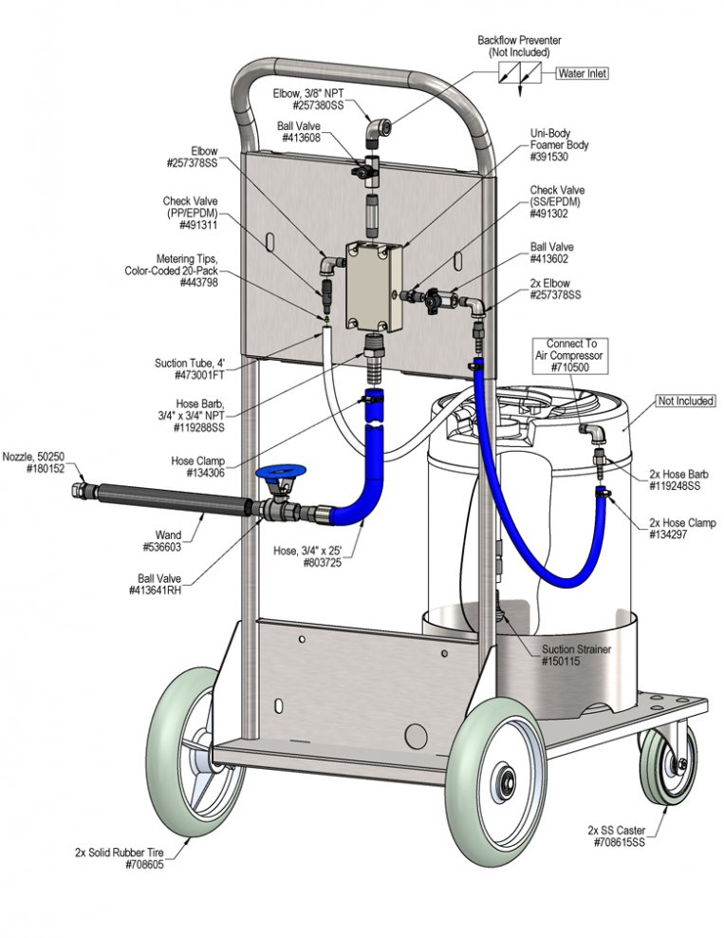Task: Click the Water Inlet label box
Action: pyautogui.click(x=583, y=74)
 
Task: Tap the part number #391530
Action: pyautogui.click(x=548, y=157)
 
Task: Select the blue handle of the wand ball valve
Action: pyautogui.click(x=280, y=472)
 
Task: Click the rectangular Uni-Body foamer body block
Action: pyautogui.click(x=374, y=286)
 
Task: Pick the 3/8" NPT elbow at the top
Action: pyautogui.click(x=378, y=131)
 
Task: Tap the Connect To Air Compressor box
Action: pyautogui.click(x=571, y=355)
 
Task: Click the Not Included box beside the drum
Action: pyautogui.click(x=685, y=401)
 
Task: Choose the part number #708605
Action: pyautogui.click(x=144, y=864)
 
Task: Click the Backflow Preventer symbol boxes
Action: pyautogui.click(x=520, y=74)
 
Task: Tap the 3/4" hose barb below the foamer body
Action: pyautogui.click(x=372, y=359)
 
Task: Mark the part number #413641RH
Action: pyautogui.click(x=155, y=591)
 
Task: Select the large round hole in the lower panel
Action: pyautogui.click(x=416, y=735)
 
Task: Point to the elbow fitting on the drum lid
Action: pyautogui.click(x=592, y=432)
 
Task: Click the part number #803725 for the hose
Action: pyautogui.click(x=323, y=562)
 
